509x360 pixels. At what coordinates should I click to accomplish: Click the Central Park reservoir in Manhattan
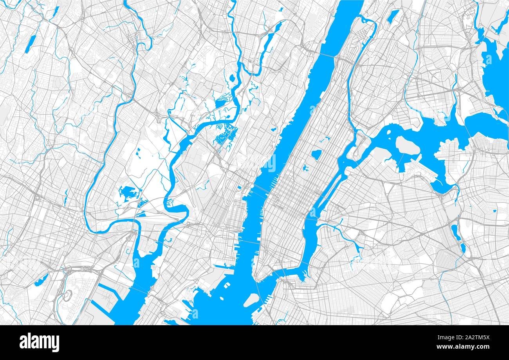coord(316,155)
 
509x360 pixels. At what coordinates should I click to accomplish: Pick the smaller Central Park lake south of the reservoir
coord(305,168)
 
